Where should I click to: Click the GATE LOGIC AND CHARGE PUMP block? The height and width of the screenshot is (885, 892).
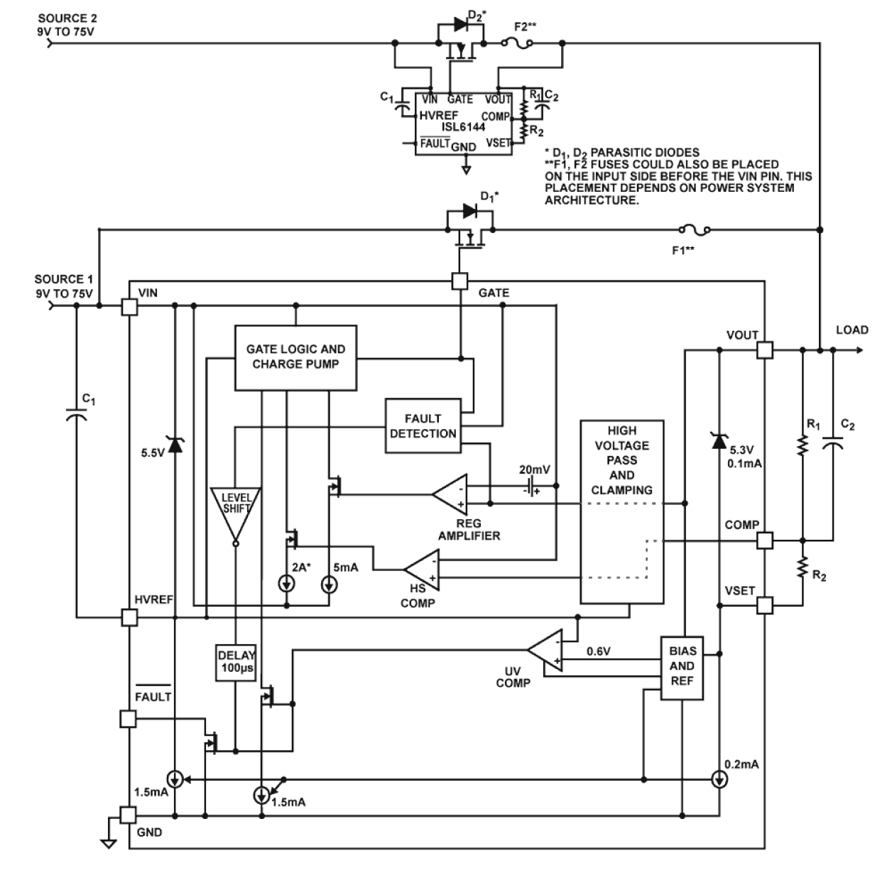click(295, 357)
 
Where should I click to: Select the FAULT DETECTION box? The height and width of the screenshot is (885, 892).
click(423, 426)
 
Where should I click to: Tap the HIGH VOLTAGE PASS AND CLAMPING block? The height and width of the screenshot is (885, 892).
click(621, 511)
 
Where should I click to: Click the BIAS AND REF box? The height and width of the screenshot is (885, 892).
click(682, 666)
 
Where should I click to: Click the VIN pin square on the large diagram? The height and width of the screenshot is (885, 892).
click(129, 306)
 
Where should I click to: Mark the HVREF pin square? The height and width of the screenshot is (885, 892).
click(129, 617)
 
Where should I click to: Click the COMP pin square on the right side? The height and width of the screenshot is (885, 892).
click(764, 541)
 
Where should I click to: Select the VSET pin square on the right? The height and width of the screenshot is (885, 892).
click(764, 605)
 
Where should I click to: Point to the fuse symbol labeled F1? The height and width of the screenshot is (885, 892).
click(694, 230)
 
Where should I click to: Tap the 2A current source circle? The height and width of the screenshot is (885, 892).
click(287, 585)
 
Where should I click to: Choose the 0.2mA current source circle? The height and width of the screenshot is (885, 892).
click(719, 780)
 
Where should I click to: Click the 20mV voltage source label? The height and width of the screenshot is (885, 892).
click(534, 469)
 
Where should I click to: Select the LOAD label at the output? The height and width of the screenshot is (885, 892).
click(852, 330)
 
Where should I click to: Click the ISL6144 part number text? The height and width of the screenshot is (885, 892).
click(463, 127)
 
